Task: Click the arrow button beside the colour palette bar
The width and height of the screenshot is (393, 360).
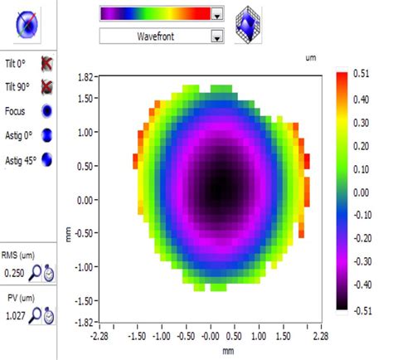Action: tap(217, 13)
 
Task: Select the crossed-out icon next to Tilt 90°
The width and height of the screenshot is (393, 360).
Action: tap(47, 87)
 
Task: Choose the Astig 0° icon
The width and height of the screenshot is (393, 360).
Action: tap(47, 134)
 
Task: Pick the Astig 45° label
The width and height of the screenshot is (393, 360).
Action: tap(19, 158)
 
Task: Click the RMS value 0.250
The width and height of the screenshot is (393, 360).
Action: tap(15, 271)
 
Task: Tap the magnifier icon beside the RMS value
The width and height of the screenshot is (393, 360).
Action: tap(34, 271)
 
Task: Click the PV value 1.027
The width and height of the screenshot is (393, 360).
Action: tap(15, 315)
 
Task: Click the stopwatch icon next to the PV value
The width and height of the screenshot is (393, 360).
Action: tap(49, 316)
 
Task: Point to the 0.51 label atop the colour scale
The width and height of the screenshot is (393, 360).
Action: tap(360, 74)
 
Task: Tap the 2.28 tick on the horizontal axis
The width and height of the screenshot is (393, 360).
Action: tap(318, 338)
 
